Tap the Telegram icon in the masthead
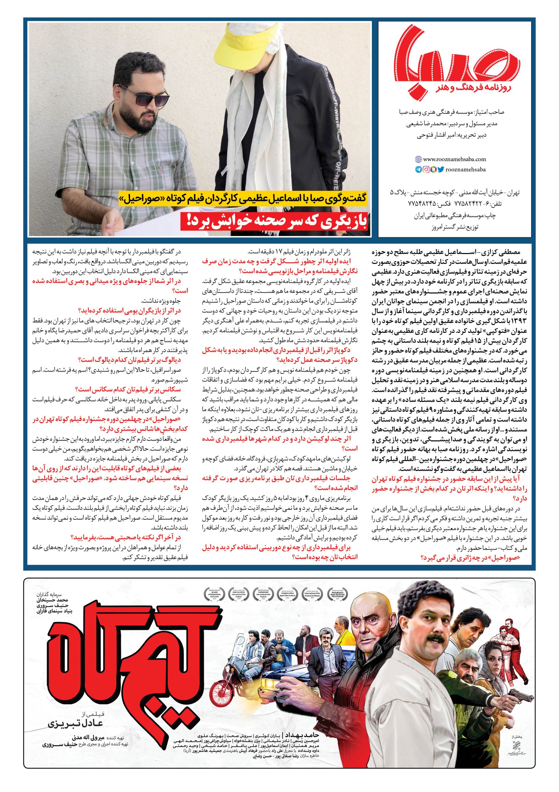tap(418, 170)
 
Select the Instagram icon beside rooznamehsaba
tap(426, 170)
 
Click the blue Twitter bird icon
tap(441, 170)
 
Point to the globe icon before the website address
tap(418, 159)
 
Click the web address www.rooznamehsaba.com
tap(454, 159)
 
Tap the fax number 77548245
tap(418, 204)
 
